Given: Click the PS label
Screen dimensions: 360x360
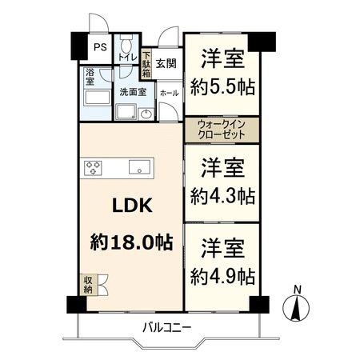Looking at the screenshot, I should (99, 46).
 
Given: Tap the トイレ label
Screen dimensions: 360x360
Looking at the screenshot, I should (128, 58).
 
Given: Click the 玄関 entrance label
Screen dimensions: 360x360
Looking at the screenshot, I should (166, 62).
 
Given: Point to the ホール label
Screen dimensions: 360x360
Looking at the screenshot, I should (168, 93).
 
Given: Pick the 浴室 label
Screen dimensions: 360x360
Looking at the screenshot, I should (88, 77).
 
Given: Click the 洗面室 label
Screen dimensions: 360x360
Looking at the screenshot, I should (132, 91).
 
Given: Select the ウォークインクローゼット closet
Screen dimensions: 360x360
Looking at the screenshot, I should (222, 129).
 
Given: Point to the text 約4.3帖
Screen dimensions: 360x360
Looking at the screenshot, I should (223, 194).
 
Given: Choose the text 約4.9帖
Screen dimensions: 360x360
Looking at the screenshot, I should (223, 276).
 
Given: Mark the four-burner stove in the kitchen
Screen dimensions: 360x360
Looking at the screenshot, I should (94, 168).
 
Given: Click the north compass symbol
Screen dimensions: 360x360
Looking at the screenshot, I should (297, 307).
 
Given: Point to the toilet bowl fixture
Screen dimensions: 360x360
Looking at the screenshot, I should (128, 43).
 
